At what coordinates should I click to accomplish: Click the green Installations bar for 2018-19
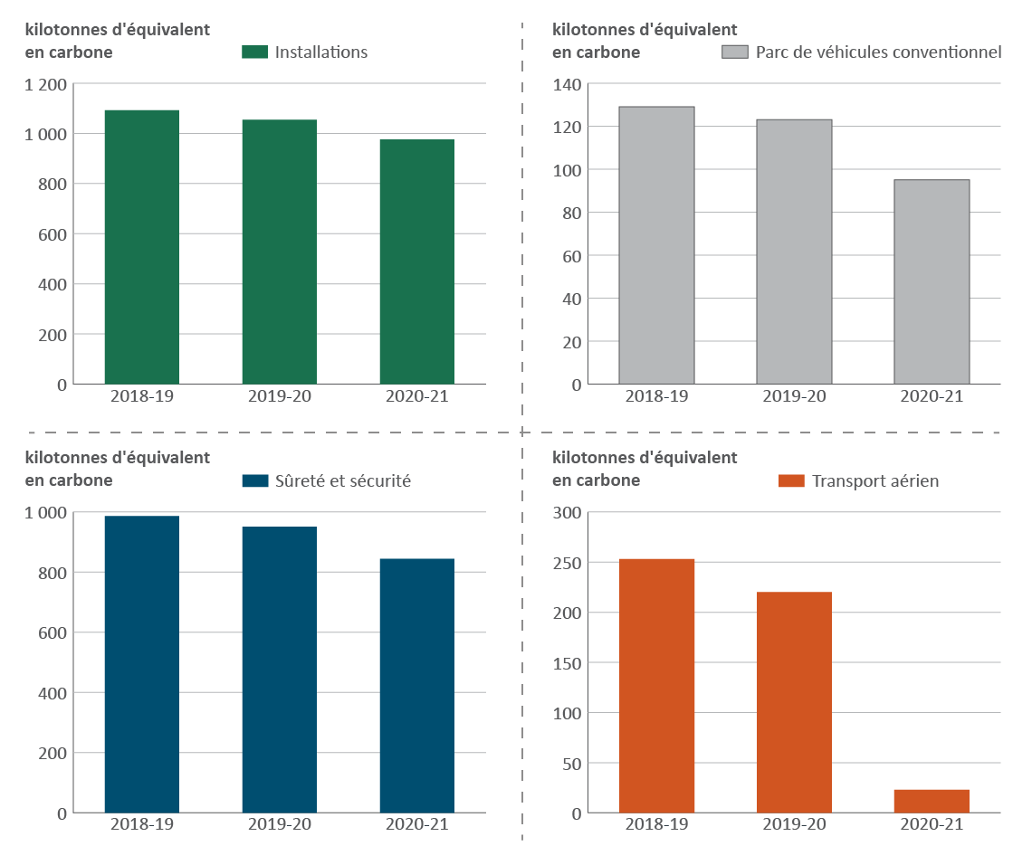141,247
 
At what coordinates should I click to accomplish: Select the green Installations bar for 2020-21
416,262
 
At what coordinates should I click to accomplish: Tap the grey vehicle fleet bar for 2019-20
794,252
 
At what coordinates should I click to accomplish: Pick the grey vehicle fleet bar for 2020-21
932,282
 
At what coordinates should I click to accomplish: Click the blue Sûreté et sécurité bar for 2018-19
141,664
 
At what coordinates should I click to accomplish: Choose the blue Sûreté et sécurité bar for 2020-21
416,686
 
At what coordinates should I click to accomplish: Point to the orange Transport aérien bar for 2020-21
932,801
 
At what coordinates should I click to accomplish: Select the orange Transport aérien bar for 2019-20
794,702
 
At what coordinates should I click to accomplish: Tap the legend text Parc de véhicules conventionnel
878,52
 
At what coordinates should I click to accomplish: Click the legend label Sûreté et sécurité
343,481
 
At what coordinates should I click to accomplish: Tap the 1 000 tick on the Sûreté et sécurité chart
45,513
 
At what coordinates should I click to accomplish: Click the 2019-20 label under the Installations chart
279,396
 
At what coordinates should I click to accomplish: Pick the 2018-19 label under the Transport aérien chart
656,825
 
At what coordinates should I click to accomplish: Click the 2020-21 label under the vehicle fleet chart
932,396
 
